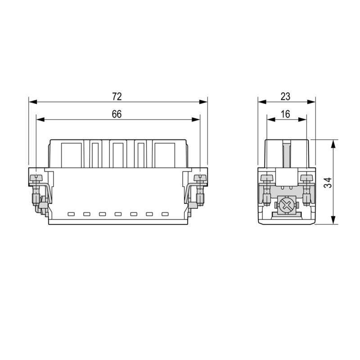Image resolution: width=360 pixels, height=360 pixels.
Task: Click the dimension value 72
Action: tap(117, 96)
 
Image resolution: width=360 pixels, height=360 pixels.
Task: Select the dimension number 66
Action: tap(117, 114)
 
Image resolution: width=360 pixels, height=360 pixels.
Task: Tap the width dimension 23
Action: tap(285, 96)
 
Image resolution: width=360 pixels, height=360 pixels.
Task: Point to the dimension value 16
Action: tap(285, 114)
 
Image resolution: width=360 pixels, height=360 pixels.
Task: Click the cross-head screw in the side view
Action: tap(286, 207)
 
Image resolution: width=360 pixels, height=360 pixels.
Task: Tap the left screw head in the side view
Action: tap(267, 179)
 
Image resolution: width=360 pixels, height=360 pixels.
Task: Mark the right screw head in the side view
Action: tap(307, 179)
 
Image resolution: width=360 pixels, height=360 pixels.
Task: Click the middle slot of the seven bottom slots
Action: tap(118, 214)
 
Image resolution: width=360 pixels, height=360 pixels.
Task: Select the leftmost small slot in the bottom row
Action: tap(71, 214)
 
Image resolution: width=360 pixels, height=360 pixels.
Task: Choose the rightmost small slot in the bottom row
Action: tap(165, 214)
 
